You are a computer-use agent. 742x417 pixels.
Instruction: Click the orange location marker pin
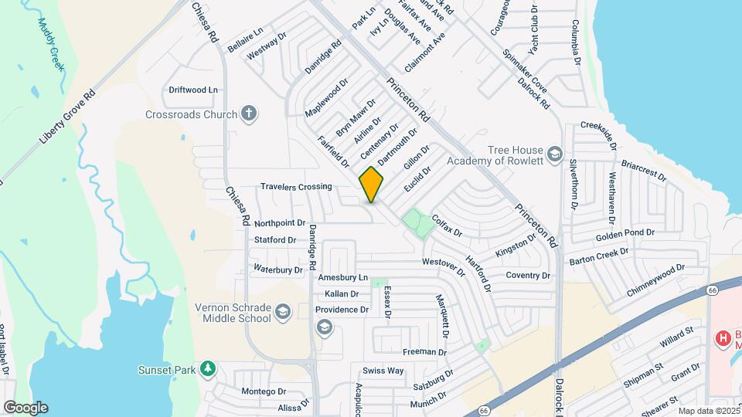tap(372, 185)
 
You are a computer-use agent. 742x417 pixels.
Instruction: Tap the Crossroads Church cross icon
tap(248, 114)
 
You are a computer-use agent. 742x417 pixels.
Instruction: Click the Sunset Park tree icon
tap(206, 369)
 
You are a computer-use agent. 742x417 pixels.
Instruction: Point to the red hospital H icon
tap(723, 337)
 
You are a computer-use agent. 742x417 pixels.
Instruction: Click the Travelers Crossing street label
tap(296, 187)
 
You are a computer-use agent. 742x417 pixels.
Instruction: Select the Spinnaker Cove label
tap(526, 68)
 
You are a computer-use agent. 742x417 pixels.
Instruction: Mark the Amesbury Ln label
tap(341, 277)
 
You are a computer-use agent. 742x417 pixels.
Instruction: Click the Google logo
tap(26, 408)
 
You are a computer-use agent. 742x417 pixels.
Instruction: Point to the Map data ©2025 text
tap(708, 411)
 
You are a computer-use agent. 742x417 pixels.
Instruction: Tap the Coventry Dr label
tap(528, 275)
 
